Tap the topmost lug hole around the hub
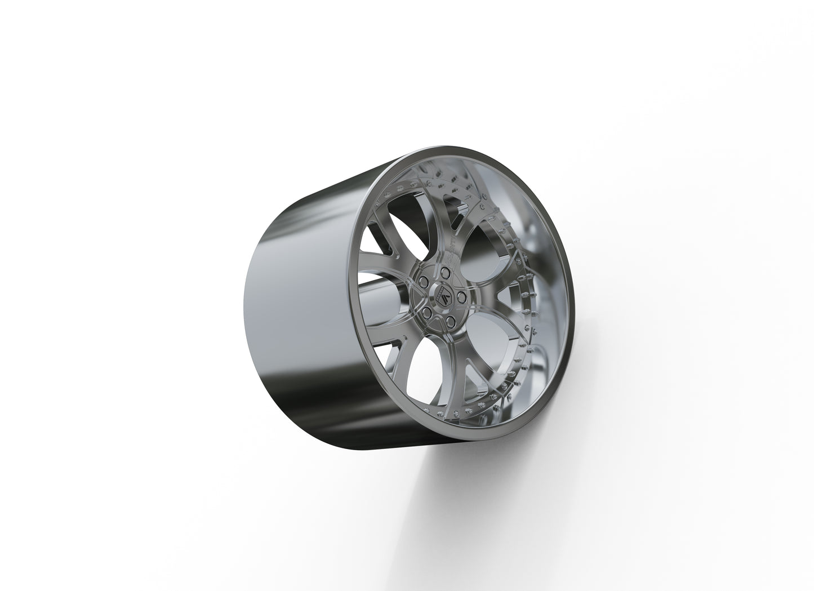pos(446,273)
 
